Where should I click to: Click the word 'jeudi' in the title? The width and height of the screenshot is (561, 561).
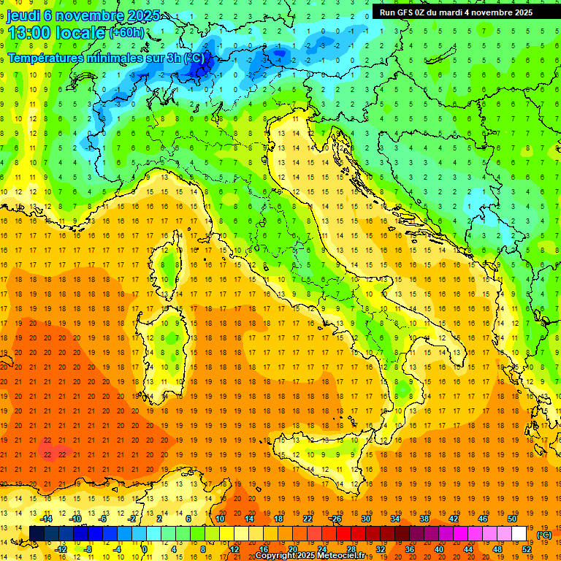pyautogui.click(x=23, y=15)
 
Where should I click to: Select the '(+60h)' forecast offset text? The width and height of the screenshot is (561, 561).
pyautogui.click(x=126, y=33)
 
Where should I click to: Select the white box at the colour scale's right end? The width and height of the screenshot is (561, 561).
pyautogui.click(x=519, y=534)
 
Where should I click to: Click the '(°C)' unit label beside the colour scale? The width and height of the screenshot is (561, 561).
pyautogui.click(x=544, y=535)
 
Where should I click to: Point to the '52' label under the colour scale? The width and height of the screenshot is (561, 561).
pyautogui.click(x=527, y=549)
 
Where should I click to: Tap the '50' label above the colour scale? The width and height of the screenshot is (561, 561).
pyautogui.click(x=512, y=519)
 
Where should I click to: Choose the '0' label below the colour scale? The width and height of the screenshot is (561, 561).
pyautogui.click(x=145, y=549)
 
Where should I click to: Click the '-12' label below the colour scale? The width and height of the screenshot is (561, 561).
pyautogui.click(x=61, y=549)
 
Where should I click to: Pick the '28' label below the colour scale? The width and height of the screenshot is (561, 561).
pyautogui.click(x=351, y=549)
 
